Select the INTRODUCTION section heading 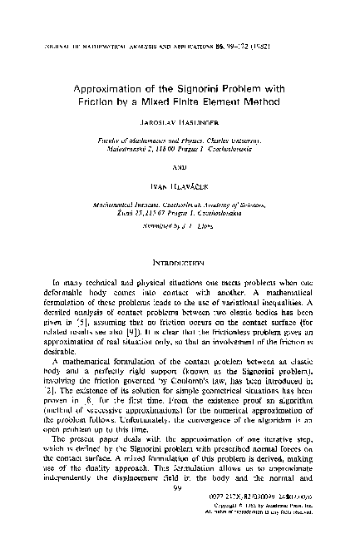point(180,260)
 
